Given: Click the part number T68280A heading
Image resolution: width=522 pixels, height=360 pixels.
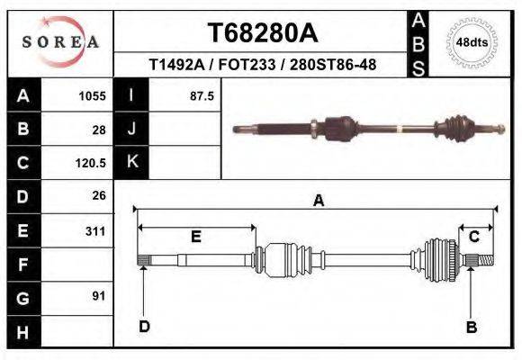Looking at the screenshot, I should [263, 33].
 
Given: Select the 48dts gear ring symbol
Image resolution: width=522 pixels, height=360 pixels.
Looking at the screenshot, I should [472, 42].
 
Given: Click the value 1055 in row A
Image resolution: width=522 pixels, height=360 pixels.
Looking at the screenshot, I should [93, 95].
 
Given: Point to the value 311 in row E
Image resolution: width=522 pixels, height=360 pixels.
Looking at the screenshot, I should [94, 230].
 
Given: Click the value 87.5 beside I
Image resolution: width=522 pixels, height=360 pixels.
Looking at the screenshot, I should [201, 95].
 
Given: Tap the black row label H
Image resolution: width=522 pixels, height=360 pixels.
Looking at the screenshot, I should [23, 332].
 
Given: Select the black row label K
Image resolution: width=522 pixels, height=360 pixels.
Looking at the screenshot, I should [131, 162].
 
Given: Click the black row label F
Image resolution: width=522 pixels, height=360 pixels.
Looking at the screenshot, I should [23, 265].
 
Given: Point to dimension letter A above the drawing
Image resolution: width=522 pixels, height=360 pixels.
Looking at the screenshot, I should [318, 202].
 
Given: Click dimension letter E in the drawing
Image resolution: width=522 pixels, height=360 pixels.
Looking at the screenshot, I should [195, 237].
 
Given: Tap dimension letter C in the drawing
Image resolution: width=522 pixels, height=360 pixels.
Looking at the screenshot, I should [473, 237].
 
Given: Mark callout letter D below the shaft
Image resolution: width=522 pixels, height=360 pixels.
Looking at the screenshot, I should [144, 327].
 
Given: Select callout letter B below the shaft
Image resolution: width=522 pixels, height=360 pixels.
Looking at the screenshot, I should [471, 327].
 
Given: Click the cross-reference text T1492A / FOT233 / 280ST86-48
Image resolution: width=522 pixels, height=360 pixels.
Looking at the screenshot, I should [262, 65].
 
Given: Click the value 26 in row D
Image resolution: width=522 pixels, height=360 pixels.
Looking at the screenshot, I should [99, 195].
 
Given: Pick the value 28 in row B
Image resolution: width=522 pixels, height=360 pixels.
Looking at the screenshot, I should [99, 129].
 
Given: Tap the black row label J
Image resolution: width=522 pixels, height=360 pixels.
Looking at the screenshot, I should [131, 129].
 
